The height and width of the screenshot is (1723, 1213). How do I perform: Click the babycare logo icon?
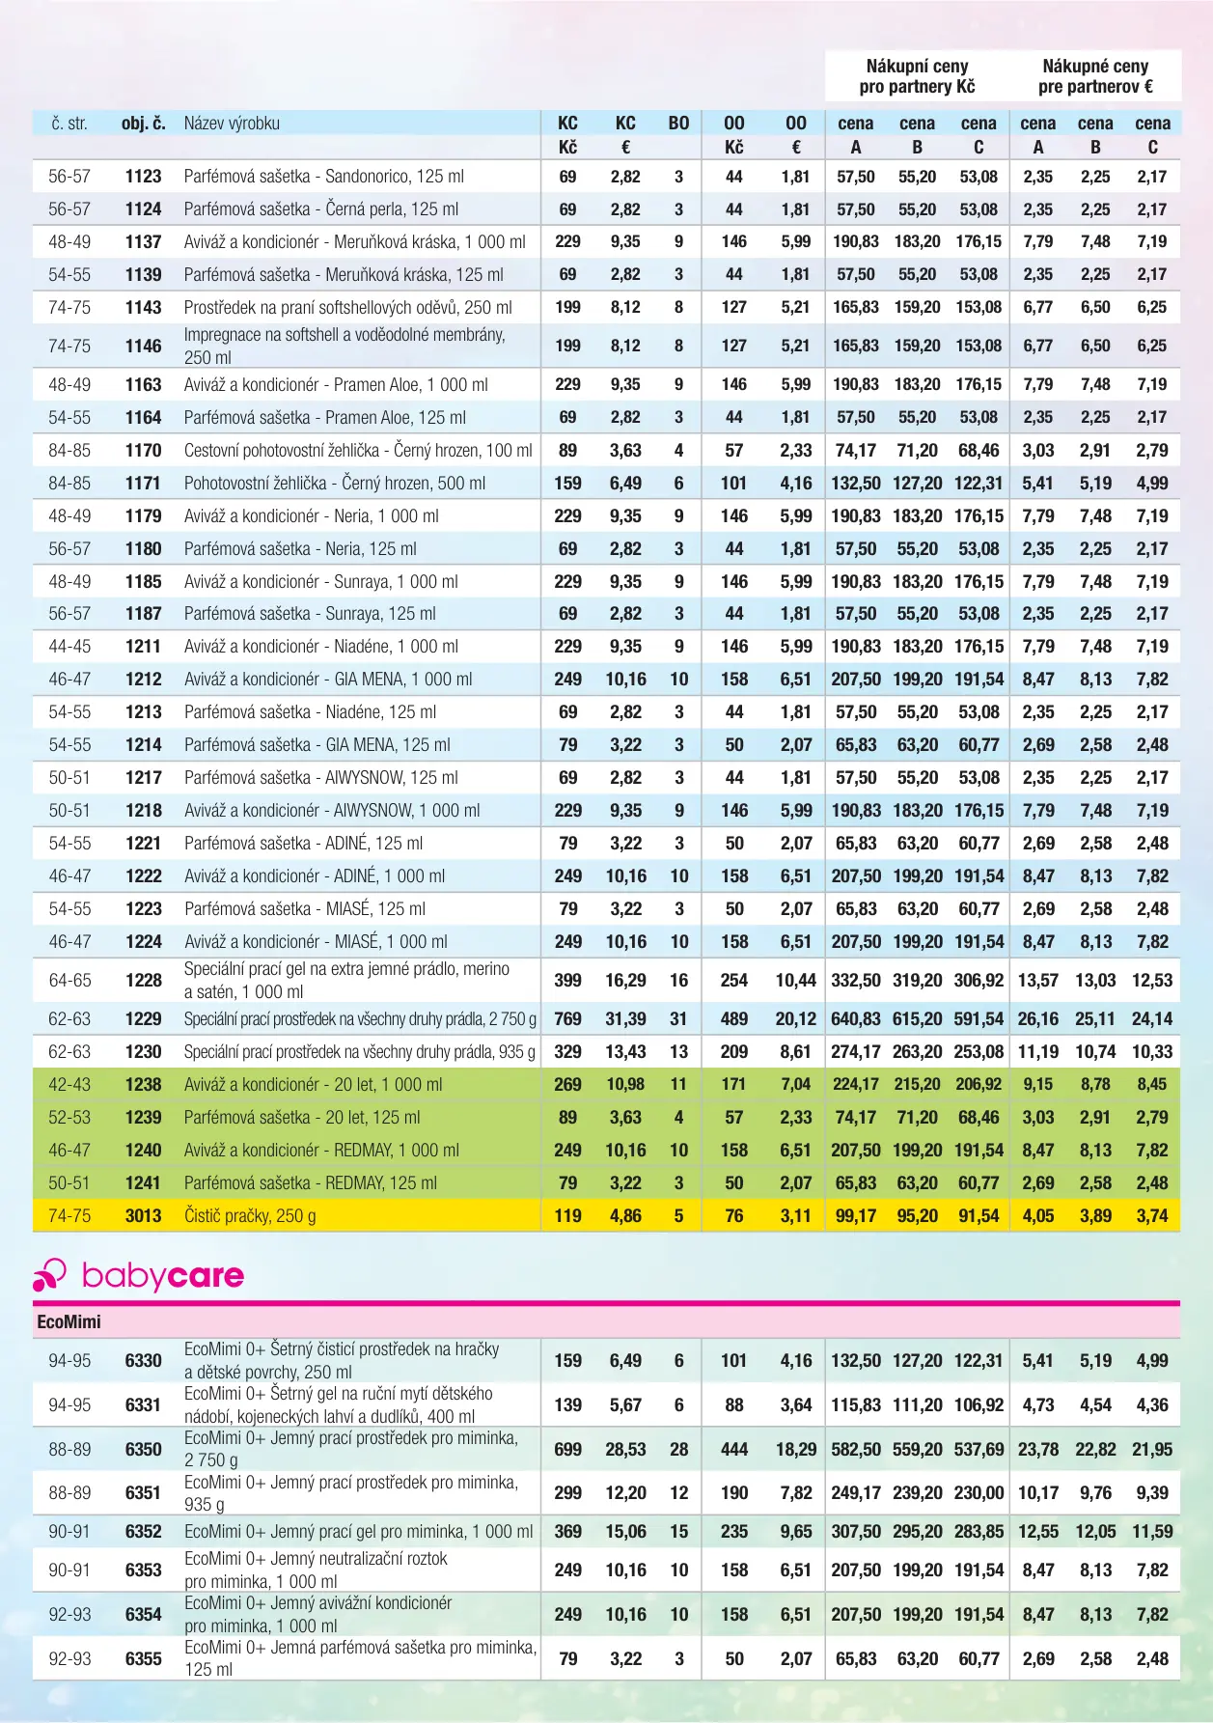[49, 1275]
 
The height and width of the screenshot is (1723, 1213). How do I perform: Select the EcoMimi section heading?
[69, 1321]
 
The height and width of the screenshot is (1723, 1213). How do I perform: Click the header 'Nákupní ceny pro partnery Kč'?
[917, 76]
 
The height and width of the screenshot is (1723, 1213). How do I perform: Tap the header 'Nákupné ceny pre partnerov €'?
[1095, 76]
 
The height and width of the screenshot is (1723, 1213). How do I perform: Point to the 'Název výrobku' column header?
[232, 124]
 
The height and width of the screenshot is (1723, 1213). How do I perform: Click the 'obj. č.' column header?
[143, 124]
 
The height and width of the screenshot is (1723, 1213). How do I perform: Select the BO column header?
[678, 124]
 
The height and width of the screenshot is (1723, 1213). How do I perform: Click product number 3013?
[143, 1216]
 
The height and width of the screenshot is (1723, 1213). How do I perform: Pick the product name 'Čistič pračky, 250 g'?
[250, 1216]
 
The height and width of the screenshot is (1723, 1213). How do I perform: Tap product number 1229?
[143, 1019]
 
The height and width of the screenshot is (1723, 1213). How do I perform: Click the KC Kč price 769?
[567, 1019]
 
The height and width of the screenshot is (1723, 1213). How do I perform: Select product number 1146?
[143, 346]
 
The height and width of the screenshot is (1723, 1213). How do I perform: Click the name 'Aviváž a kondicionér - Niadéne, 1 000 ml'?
[321, 647]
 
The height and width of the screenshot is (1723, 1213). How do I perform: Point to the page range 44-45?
[69, 647]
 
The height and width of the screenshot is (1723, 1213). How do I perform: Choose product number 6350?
[143, 1449]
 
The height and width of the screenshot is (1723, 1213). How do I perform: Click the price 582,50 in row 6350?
[856, 1449]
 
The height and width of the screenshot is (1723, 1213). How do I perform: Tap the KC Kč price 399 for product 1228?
[567, 981]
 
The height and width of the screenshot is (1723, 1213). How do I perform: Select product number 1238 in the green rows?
[143, 1085]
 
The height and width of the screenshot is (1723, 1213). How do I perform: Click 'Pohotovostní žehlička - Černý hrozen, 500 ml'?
[335, 484]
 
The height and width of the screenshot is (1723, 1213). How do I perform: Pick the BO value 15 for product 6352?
[678, 1532]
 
